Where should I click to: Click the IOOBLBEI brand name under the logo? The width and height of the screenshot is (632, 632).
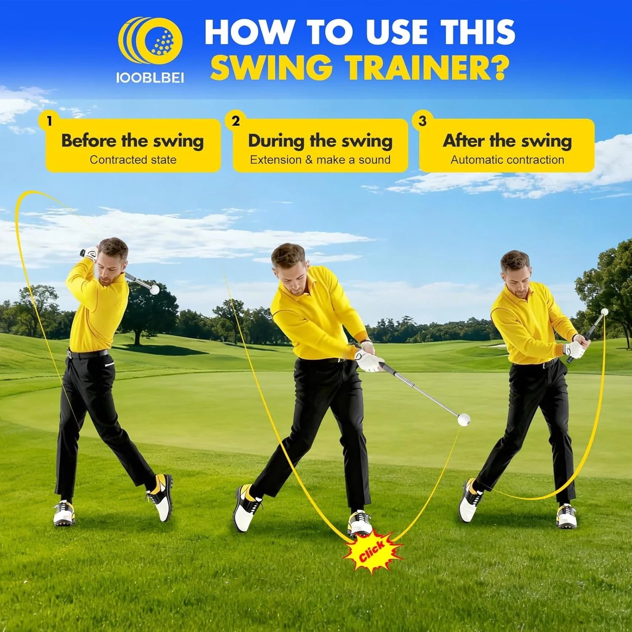coord(150,78)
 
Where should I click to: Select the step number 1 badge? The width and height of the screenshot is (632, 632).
coord(50,121)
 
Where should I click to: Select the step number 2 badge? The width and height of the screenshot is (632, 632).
coord(236,121)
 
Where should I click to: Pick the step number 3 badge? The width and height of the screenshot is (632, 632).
coord(423,121)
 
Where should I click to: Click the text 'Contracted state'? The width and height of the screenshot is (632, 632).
coord(133,160)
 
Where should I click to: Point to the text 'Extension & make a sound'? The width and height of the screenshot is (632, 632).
coord(320,160)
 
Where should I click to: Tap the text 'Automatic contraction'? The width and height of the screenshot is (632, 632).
coord(507,160)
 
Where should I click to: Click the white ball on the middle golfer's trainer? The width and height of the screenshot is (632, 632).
coord(464,420)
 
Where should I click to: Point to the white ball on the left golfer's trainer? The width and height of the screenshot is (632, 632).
coord(155,289)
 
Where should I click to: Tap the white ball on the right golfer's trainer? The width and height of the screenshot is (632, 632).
coord(605,312)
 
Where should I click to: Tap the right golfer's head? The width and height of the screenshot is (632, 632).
coord(516,270)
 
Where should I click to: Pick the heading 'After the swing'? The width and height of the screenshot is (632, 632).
coord(507,141)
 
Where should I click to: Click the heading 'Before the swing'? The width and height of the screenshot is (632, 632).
coord(133,141)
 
